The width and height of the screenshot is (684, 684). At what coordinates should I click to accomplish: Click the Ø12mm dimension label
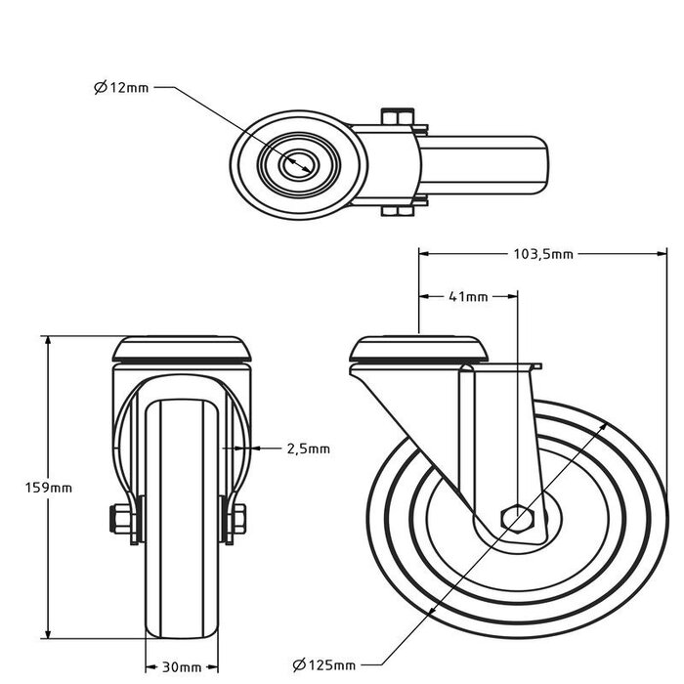click(122, 88)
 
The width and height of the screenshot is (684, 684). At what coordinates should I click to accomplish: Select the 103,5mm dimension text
click(542, 253)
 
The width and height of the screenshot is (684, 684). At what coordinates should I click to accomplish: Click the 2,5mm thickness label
click(308, 449)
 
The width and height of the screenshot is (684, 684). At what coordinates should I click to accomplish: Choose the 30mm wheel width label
click(182, 667)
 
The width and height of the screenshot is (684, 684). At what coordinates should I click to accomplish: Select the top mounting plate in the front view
click(182, 349)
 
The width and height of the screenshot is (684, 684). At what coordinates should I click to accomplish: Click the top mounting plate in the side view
click(419, 349)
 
